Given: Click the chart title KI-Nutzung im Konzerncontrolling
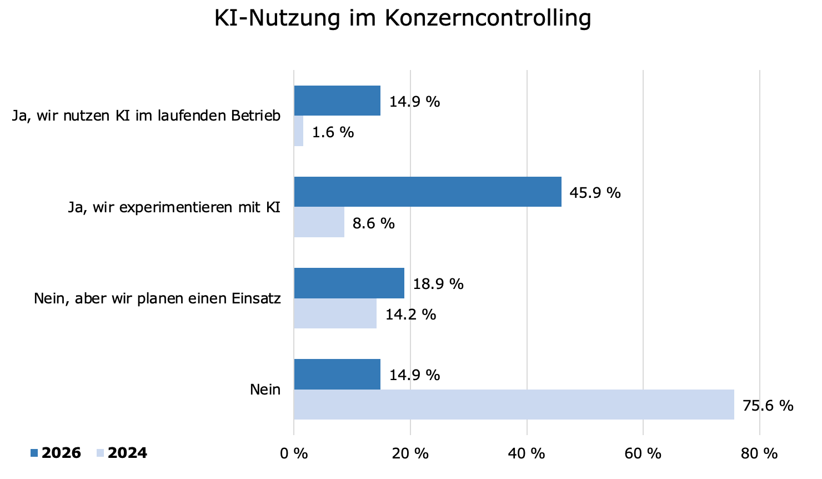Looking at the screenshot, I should pyautogui.click(x=403, y=18).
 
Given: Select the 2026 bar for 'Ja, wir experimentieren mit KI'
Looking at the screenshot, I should pyautogui.click(x=427, y=192).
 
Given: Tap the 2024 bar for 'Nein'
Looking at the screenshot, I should pyautogui.click(x=513, y=405).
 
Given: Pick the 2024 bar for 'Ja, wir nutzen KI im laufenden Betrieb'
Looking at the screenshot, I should pyautogui.click(x=299, y=131).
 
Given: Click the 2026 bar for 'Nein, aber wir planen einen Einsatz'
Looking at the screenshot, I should pyautogui.click(x=349, y=283).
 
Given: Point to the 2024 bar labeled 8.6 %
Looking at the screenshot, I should pyautogui.click(x=319, y=222).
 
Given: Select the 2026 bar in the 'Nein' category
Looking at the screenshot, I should pyautogui.click(x=337, y=374).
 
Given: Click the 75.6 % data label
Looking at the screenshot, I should pyautogui.click(x=768, y=406).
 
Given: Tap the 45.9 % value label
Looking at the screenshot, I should pyautogui.click(x=595, y=193).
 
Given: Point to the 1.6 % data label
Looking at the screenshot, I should pyautogui.click(x=333, y=132).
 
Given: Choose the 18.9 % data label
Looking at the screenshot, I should pyautogui.click(x=438, y=284).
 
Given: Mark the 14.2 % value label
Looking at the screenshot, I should pyautogui.click(x=410, y=315).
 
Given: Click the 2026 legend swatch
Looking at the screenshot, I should pyautogui.click(x=34, y=453).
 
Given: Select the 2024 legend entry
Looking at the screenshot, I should pyautogui.click(x=127, y=453).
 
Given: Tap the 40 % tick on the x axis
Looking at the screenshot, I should pyautogui.click(x=527, y=453).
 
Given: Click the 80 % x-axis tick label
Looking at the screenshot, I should pyautogui.click(x=759, y=453).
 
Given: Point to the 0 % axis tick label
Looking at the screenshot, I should pyautogui.click(x=294, y=453).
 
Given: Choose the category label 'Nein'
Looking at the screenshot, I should pyautogui.click(x=265, y=390).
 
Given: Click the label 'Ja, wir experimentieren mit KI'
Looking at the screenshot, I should pyautogui.click(x=174, y=207).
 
